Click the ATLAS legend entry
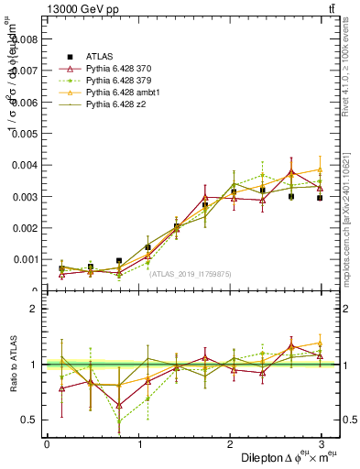pyautogui.click(x=85, y=57)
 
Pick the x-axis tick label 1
pyautogui.click(x=139, y=443)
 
